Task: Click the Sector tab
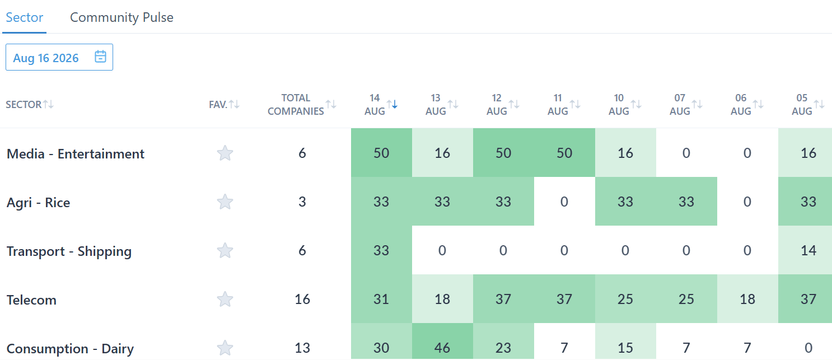[x=25, y=17]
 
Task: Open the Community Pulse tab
[x=121, y=17]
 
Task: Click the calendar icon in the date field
[x=100, y=57]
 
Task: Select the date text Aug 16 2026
[x=46, y=58]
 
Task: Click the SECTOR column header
[x=24, y=105]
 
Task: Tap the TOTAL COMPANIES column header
[x=296, y=104]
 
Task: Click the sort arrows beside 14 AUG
[x=392, y=104]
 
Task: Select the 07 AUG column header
[x=680, y=104]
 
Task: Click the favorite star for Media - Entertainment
[x=225, y=153]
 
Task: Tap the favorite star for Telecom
[x=225, y=299]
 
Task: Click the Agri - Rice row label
[x=38, y=203]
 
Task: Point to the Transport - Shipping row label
[x=69, y=251]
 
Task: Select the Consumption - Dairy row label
[x=70, y=348]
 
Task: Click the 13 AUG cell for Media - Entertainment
[x=442, y=153]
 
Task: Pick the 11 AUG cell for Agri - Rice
[x=564, y=202]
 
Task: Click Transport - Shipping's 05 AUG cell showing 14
[x=805, y=250]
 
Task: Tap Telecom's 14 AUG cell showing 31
[x=381, y=299]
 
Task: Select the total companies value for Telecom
[x=302, y=299]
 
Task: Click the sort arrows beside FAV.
[x=234, y=104]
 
